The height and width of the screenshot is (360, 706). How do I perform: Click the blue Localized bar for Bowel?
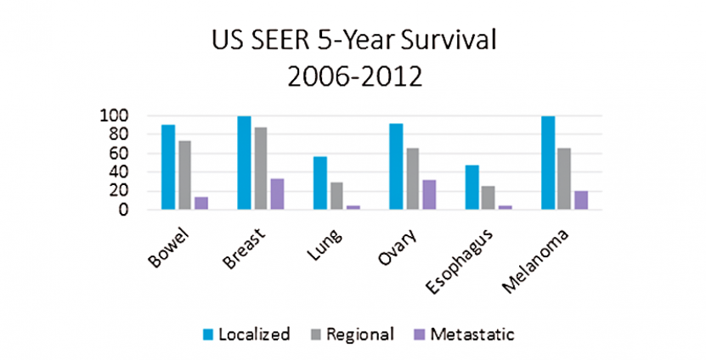pos(168,167)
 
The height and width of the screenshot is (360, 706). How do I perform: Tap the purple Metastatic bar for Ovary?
pos(429,194)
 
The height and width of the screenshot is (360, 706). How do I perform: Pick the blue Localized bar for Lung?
pos(319,183)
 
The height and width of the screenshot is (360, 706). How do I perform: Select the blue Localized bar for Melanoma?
pos(549,163)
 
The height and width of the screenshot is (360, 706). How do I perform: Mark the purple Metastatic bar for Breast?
pos(277,194)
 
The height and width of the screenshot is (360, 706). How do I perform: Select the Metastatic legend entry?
pos(465,334)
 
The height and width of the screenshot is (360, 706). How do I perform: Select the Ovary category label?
pos(390,245)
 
